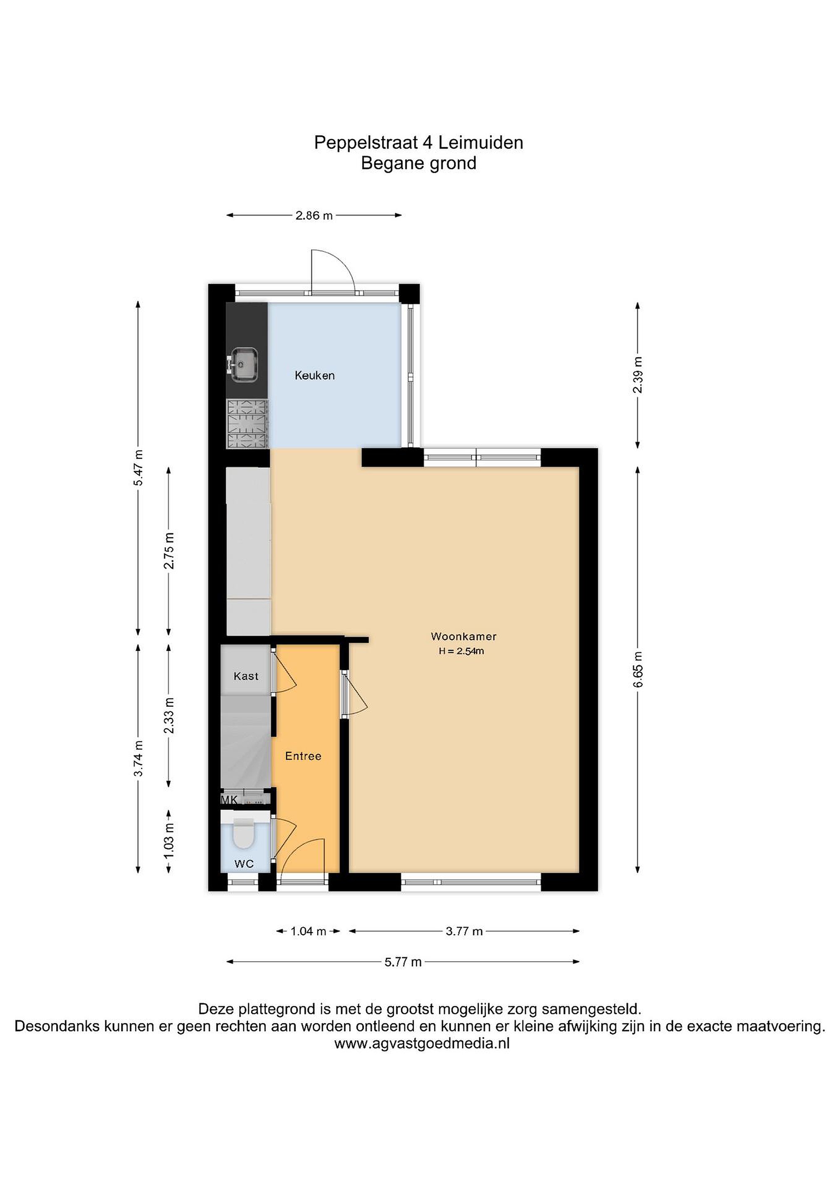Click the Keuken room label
[x=315, y=375]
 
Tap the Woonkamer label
[x=464, y=636]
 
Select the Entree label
[x=303, y=756]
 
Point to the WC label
[x=244, y=863]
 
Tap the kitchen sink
[x=242, y=365]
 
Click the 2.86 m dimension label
[x=314, y=215]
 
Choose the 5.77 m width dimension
[x=403, y=962]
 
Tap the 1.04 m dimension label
[x=308, y=931]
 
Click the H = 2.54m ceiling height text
[x=461, y=651]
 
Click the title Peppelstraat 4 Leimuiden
[x=419, y=142]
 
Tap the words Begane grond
[x=419, y=163]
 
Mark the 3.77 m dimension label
[x=464, y=931]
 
